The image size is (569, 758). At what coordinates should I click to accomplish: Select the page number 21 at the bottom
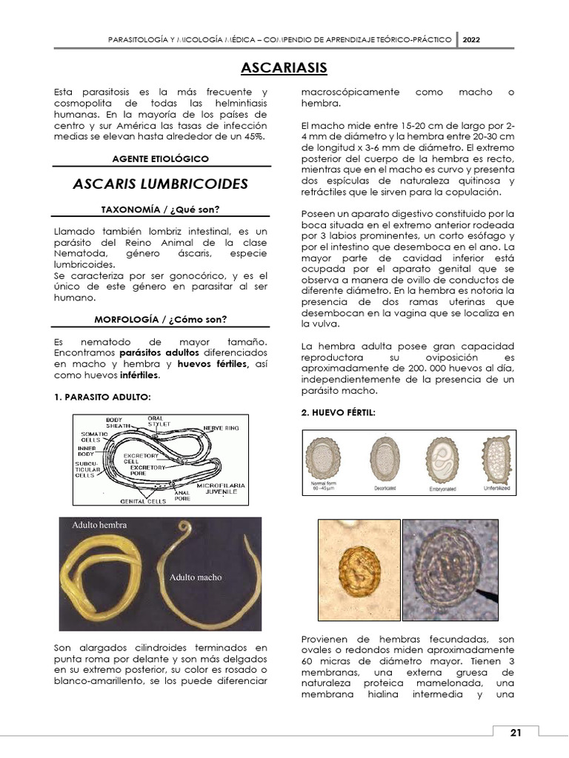point(516,732)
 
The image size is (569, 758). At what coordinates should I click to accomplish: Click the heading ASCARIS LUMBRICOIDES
point(160,184)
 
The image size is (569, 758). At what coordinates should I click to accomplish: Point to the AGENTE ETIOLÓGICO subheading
point(160,158)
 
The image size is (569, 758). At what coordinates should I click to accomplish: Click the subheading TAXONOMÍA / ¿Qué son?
point(160,209)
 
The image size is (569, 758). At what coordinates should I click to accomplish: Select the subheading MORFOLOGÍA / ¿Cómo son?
point(160,319)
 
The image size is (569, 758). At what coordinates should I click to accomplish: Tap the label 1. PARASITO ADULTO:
point(103,397)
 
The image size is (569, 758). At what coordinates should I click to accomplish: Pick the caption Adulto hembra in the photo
point(99,525)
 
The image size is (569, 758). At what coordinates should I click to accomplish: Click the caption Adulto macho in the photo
point(195,577)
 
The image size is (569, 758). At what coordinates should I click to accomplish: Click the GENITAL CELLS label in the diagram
point(143,501)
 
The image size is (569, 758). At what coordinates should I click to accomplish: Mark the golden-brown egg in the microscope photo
point(359,566)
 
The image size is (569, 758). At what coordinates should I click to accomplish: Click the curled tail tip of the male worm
point(182,527)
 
